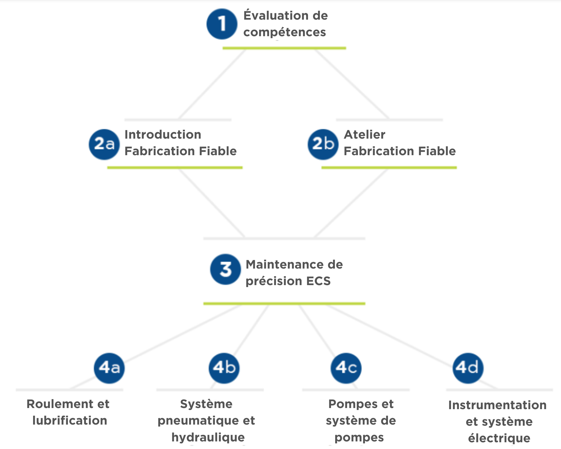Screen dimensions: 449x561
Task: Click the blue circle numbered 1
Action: click(x=222, y=24)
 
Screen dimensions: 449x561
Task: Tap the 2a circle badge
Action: click(x=104, y=144)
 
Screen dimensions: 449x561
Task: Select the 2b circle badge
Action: click(x=323, y=144)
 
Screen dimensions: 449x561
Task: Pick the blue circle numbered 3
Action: click(x=225, y=269)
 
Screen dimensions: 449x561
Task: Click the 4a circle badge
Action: click(x=109, y=368)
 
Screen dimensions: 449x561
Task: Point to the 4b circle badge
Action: click(x=224, y=368)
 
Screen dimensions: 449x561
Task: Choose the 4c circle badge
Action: click(x=346, y=368)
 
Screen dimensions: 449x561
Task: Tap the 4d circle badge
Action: click(x=468, y=368)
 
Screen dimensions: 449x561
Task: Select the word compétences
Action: click(x=284, y=32)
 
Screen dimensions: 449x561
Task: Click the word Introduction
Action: click(x=163, y=135)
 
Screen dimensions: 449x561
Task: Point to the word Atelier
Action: click(x=364, y=135)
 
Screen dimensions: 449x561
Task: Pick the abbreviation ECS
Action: click(x=318, y=281)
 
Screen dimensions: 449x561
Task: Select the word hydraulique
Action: click(x=208, y=437)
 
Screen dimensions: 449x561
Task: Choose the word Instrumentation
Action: click(x=497, y=405)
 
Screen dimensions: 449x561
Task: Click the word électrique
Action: click(x=499, y=438)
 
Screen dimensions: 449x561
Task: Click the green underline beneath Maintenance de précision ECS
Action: click(x=284, y=304)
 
